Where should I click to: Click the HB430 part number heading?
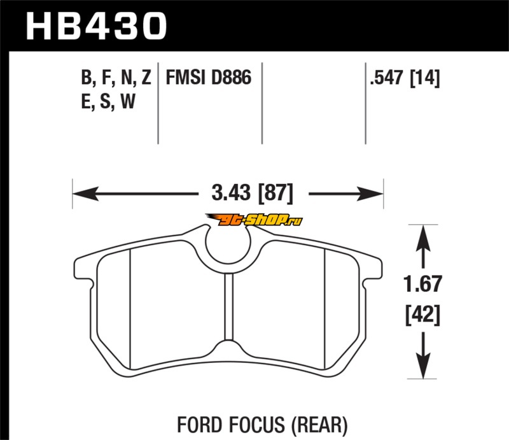point(96,26)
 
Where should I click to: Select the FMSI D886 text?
point(209,77)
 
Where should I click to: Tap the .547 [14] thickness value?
point(405,78)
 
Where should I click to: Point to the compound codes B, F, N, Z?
point(116,78)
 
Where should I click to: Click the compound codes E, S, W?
point(108,101)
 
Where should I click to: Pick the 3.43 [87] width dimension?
point(252,193)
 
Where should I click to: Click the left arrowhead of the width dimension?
point(85,194)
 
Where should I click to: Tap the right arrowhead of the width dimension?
point(370,194)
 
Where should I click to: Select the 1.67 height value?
point(422,283)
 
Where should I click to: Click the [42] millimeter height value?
point(422,315)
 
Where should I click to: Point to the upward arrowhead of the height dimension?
point(422,238)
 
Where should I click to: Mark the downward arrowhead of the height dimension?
point(422,366)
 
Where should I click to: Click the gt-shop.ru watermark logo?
point(253,220)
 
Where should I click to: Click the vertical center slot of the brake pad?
point(229,307)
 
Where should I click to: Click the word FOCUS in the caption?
point(257,425)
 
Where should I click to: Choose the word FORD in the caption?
point(200,425)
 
